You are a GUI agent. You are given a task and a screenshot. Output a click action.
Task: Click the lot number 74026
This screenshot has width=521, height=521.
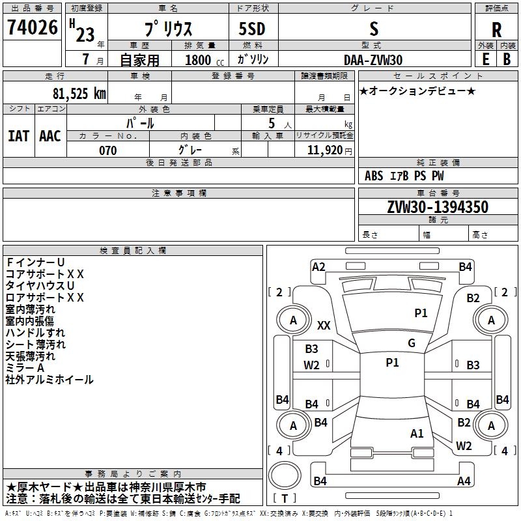(x=32, y=27)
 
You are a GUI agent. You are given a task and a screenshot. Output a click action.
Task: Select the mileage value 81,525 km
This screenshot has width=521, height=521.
(x=79, y=94)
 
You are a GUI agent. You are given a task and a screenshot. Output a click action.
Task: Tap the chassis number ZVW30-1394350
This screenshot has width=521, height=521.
(x=438, y=206)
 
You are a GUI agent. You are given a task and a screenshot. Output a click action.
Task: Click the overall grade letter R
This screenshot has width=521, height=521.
(x=496, y=30)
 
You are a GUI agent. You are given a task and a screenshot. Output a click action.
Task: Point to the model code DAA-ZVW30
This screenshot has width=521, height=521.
(x=373, y=60)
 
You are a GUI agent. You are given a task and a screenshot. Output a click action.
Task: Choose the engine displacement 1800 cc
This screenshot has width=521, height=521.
(x=204, y=60)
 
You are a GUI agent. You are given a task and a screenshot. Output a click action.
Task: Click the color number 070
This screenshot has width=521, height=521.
(x=107, y=150)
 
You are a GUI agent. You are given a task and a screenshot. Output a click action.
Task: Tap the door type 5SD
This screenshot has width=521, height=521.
(x=252, y=29)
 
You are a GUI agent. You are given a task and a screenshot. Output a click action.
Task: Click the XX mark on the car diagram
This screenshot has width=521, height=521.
(x=324, y=325)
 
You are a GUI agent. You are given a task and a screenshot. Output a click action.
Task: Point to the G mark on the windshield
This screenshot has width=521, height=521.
(x=412, y=343)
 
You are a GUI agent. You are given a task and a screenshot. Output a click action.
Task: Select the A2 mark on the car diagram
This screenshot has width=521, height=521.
(x=318, y=267)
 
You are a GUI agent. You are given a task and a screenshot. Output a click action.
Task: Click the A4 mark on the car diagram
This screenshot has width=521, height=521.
(x=464, y=481)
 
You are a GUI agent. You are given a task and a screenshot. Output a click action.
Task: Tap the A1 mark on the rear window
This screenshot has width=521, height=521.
(x=417, y=434)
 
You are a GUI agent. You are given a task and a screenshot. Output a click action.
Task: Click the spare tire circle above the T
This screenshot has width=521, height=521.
(x=285, y=475)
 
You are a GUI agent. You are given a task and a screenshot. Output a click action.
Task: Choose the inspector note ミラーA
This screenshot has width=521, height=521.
(x=25, y=368)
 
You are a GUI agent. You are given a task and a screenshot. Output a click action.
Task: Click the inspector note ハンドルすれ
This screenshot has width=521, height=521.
(x=35, y=333)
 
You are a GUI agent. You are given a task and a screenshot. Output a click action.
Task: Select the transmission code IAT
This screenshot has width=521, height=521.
(x=19, y=136)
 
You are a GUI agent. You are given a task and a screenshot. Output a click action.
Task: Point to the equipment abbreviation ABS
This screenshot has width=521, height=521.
(x=374, y=176)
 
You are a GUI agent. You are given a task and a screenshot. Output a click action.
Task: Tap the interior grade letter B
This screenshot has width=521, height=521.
(x=507, y=59)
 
